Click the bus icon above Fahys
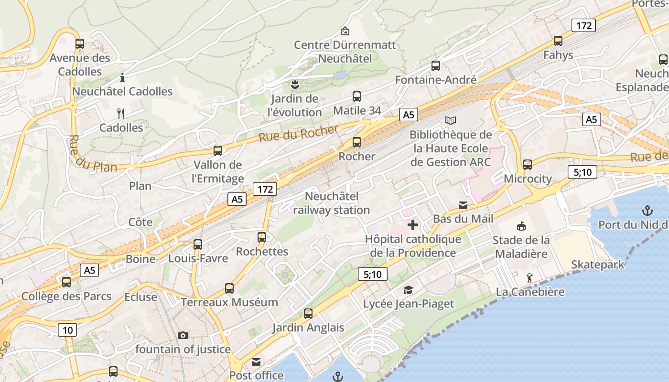tap(558, 41)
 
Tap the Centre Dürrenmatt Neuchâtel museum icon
tap(345, 31)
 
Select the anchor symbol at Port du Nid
tap(647, 211)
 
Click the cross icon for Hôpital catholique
tap(413, 225)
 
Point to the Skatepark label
tap(598, 265)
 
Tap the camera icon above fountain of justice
tap(183, 336)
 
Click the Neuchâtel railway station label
tap(331, 203)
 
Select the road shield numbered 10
tap(68, 329)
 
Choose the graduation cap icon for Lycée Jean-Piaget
tap(408, 290)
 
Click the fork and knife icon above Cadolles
tap(121, 114)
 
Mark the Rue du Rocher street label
tap(298, 133)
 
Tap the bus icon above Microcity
tap(528, 165)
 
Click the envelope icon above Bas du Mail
tap(463, 205)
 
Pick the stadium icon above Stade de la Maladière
tap(521, 226)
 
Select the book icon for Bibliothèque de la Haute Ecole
tap(450, 120)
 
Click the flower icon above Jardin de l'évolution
tap(294, 85)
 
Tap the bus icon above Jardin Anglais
tap(308, 314)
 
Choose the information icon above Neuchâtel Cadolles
tap(122, 77)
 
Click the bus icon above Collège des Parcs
tap(66, 282)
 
